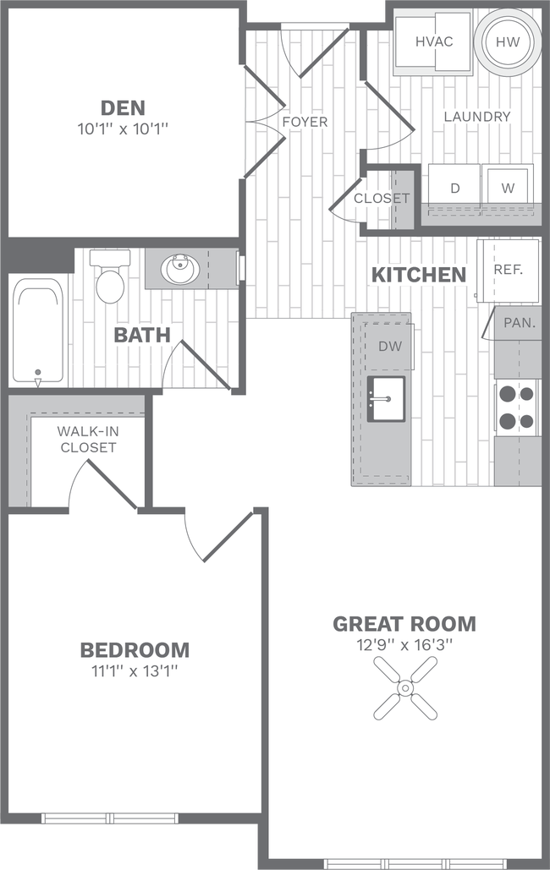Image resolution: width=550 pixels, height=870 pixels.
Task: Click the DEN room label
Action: pyautogui.click(x=123, y=107)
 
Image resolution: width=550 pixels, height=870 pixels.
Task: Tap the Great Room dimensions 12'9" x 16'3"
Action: pyautogui.click(x=404, y=645)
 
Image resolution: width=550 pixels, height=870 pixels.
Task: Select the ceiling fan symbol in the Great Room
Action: pyautogui.click(x=404, y=686)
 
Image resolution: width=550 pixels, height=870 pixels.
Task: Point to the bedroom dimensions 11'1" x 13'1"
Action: pyautogui.click(x=134, y=670)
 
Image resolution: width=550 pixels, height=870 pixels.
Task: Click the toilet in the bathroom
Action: pyautogui.click(x=109, y=276)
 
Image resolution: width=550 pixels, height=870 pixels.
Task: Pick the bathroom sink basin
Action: pyautogui.click(x=179, y=271)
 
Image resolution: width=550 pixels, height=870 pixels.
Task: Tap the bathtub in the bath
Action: pyautogui.click(x=37, y=333)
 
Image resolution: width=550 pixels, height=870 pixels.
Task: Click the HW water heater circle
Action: pyautogui.click(x=507, y=41)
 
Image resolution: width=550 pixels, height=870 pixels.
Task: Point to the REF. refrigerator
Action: pyautogui.click(x=509, y=270)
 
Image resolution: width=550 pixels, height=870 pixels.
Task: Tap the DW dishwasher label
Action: pyautogui.click(x=390, y=346)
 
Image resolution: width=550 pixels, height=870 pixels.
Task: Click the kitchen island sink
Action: pyautogui.click(x=386, y=397)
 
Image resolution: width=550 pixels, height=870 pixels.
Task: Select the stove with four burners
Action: pyautogui.click(x=516, y=408)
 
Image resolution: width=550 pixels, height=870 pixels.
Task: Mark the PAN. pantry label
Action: pyautogui.click(x=517, y=322)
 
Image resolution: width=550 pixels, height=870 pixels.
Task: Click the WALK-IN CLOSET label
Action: pyautogui.click(x=87, y=439)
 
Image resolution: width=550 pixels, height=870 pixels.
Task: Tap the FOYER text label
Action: pyautogui.click(x=305, y=122)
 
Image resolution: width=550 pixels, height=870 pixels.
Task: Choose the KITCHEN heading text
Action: pyautogui.click(x=418, y=274)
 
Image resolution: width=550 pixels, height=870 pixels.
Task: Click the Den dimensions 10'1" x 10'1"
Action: pyautogui.click(x=123, y=129)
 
